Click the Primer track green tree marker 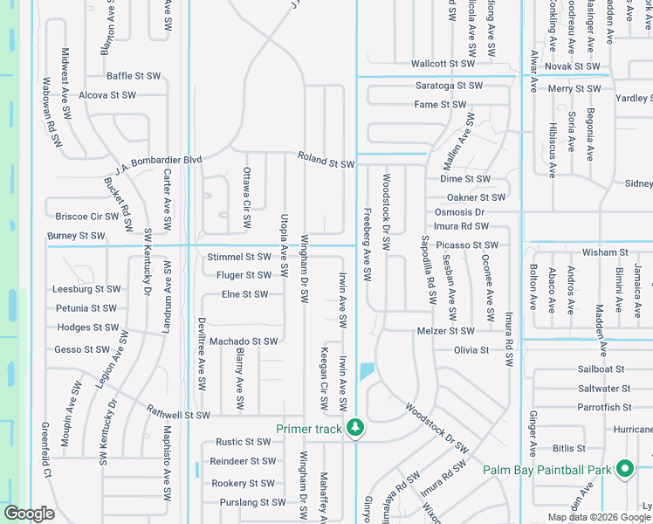pyautogui.click(x=354, y=428)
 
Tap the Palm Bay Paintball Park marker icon pyautogui.click(x=624, y=470)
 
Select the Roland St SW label pyautogui.click(x=326, y=163)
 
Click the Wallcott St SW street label pyautogui.click(x=443, y=64)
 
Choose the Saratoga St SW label pyautogui.click(x=449, y=86)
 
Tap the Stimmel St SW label pyautogui.click(x=239, y=257)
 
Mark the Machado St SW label pyautogui.click(x=244, y=341)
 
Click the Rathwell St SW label pyautogui.click(x=178, y=415)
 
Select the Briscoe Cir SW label pyautogui.click(x=86, y=216)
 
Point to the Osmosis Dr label pyautogui.click(x=459, y=212)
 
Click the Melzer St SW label pyautogui.click(x=445, y=331)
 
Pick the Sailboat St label pyautogui.click(x=601, y=369)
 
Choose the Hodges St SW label pyautogui.click(x=87, y=327)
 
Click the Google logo pyautogui.click(x=30, y=513)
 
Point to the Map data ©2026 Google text pyautogui.click(x=598, y=517)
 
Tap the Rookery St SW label pyautogui.click(x=243, y=483)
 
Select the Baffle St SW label pyautogui.click(x=134, y=76)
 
